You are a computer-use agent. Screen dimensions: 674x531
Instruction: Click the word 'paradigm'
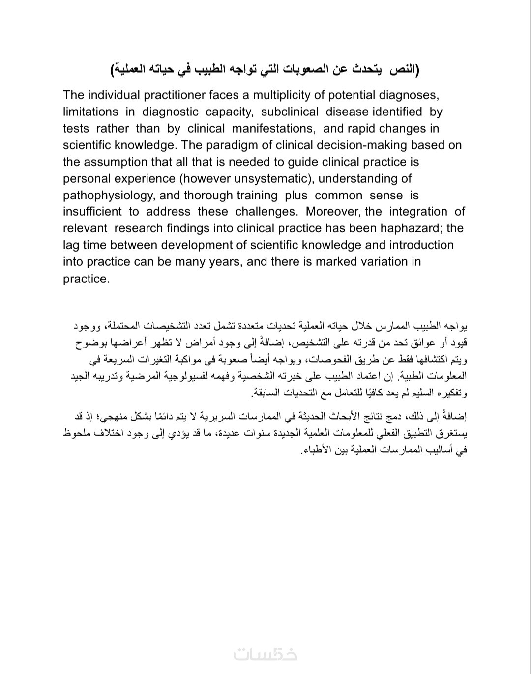coord(239,145)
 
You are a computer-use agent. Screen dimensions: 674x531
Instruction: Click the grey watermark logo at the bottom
coord(265,653)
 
